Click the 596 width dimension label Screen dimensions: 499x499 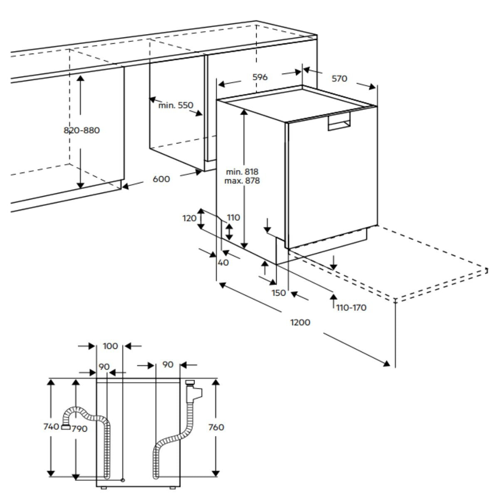[260, 77]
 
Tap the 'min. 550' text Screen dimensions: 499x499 [176, 105]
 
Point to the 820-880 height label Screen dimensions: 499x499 [82, 130]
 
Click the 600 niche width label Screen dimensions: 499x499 [161, 179]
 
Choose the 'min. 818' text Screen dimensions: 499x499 [242, 171]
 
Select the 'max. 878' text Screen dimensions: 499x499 [242, 181]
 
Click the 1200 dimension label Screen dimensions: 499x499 [301, 322]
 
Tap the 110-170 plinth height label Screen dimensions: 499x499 [351, 308]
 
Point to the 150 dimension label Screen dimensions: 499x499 [279, 293]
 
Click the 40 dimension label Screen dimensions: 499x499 [223, 262]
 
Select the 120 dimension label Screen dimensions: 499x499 [189, 217]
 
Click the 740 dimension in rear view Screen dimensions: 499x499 [51, 427]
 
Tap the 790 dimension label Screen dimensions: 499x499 [79, 429]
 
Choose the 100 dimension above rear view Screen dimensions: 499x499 [110, 346]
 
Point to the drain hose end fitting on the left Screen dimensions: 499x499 [65, 427]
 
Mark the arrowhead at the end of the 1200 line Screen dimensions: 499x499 [387, 364]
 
